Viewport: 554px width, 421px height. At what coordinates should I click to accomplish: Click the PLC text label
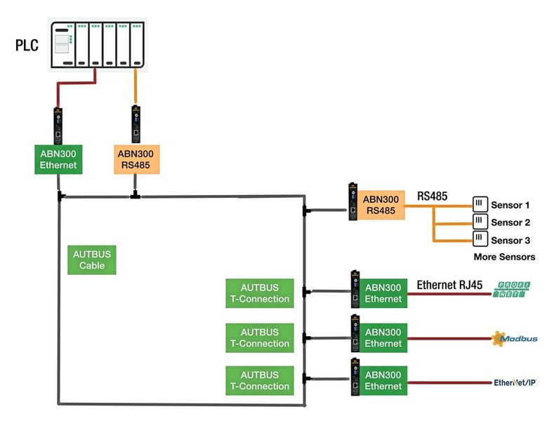pyautogui.click(x=27, y=46)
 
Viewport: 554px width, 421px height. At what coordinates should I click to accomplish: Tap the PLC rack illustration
pyautogui.click(x=98, y=45)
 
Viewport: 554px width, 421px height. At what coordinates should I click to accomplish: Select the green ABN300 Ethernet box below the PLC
pyautogui.click(x=58, y=159)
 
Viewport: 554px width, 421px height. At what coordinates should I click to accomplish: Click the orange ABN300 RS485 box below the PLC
pyautogui.click(x=136, y=159)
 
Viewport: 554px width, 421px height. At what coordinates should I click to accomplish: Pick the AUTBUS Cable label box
pyautogui.click(x=92, y=260)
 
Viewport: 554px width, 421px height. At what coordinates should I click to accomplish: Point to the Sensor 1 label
pyautogui.click(x=510, y=205)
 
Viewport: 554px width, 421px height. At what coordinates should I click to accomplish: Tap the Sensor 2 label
pyautogui.click(x=510, y=222)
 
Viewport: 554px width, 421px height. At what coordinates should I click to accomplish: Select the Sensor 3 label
pyautogui.click(x=510, y=240)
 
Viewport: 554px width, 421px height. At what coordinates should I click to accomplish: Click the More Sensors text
pyautogui.click(x=504, y=257)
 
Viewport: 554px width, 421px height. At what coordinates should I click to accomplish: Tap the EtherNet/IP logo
pyautogui.click(x=515, y=382)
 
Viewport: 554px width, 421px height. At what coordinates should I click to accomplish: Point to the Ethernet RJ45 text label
pyautogui.click(x=450, y=285)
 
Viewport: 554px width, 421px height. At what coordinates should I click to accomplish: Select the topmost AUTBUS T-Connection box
pyautogui.click(x=259, y=293)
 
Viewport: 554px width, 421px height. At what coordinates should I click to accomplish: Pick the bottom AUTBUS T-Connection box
pyautogui.click(x=259, y=380)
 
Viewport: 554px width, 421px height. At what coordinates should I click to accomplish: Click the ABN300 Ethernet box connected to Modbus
pyautogui.click(x=383, y=338)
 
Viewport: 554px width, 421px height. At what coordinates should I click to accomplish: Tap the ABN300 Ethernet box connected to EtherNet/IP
pyautogui.click(x=383, y=380)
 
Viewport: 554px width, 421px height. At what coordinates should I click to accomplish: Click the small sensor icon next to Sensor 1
pyautogui.click(x=480, y=204)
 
